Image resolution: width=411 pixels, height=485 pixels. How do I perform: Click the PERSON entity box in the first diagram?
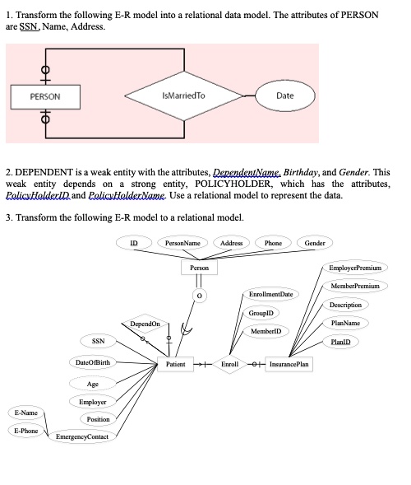[44, 96]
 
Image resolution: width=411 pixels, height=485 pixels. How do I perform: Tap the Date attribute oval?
[284, 96]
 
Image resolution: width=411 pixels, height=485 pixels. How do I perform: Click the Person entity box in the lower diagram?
[199, 268]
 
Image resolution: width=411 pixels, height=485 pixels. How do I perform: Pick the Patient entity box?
[175, 363]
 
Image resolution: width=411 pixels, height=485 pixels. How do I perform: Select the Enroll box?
[229, 363]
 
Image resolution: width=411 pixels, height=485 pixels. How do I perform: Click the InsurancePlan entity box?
[295, 363]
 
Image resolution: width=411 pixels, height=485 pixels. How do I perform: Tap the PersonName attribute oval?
[182, 243]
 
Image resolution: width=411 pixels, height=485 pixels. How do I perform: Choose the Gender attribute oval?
[315, 243]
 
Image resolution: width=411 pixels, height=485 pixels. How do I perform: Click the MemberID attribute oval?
[267, 330]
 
